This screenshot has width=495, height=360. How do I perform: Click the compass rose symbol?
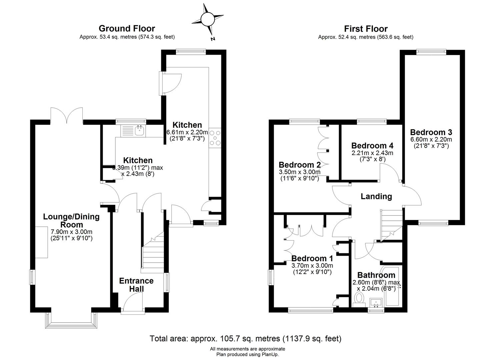coord(208,19)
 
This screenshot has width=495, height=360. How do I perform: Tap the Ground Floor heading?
coord(127,29)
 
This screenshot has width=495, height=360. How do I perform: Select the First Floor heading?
coord(366,29)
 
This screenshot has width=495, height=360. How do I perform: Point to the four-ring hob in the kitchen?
coord(215,138)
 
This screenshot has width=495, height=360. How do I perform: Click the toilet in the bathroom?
coord(359,299)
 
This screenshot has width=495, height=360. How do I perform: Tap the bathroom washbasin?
coord(376,303)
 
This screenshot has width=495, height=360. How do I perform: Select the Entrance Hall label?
coord(136,285)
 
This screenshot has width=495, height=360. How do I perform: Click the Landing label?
coord(376,196)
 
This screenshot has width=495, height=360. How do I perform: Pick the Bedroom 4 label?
coord(372,146)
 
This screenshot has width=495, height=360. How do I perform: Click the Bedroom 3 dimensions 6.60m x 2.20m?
coord(431,139)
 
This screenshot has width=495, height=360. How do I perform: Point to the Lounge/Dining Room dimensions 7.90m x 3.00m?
coord(71,232)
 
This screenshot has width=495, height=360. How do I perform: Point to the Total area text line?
coord(246,338)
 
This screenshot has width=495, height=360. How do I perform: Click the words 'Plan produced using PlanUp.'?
coord(247,354)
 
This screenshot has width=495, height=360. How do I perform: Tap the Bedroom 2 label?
coord(300,165)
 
